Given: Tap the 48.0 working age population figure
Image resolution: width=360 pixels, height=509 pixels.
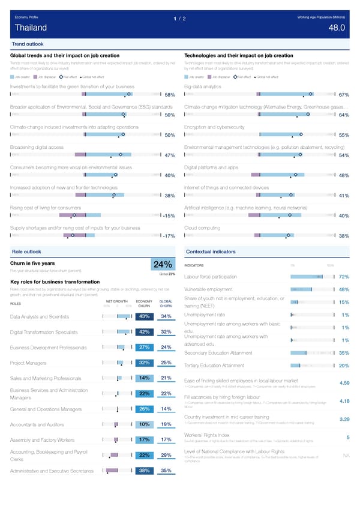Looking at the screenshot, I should coord(337,28).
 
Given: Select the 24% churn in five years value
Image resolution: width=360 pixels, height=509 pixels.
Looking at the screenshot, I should coord(164,265).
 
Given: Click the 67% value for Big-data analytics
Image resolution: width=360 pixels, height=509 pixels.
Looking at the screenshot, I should coord(344,95).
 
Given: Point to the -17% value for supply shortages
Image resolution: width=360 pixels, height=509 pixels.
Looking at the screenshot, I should coord(168,236).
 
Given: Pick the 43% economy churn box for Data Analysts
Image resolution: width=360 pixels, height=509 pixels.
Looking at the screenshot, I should coord(144,316).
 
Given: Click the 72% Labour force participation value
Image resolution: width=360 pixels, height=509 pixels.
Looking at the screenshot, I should coord(344,277).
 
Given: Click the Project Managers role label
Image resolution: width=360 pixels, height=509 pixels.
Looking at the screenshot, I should coord(29,363).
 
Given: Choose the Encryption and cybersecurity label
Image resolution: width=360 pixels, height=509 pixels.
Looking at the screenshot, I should coord(214,127).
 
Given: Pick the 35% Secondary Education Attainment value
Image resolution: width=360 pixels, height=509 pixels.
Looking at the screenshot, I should coord(344,353).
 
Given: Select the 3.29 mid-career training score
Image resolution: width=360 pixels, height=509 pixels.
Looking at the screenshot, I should coord(344,419).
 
